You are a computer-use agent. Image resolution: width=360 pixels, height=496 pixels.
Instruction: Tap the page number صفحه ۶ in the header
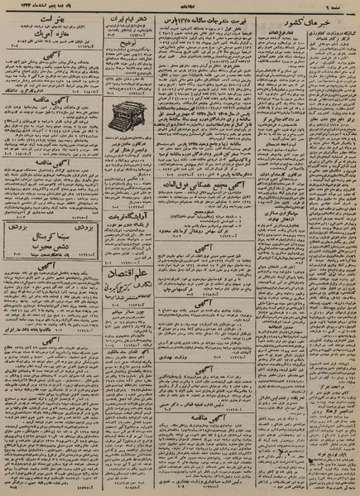343,7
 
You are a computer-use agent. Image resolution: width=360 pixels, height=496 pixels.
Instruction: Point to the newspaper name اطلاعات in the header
180,7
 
